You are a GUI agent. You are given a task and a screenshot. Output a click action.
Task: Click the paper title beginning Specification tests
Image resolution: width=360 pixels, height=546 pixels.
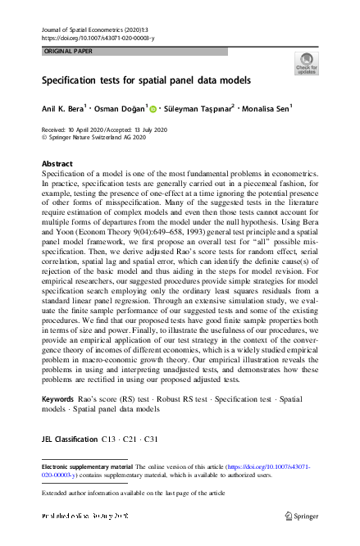146,81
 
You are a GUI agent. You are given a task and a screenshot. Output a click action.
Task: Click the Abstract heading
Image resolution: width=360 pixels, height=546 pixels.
57,164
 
